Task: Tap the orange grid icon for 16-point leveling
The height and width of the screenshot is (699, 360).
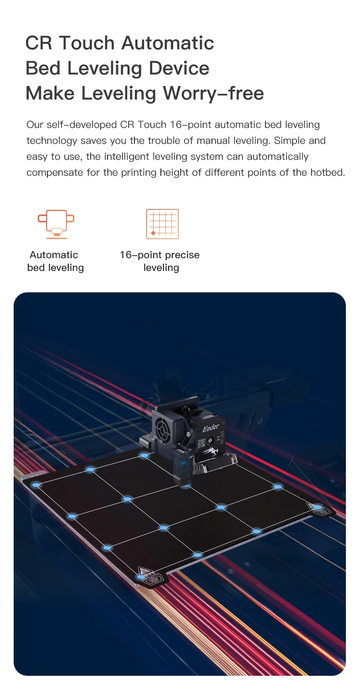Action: click(162, 224)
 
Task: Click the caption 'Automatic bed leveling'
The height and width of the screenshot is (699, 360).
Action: click(55, 261)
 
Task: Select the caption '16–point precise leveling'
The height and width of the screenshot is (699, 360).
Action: click(160, 261)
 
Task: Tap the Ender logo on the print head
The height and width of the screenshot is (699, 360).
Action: click(211, 429)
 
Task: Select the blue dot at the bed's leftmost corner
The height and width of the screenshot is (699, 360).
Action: click(36, 485)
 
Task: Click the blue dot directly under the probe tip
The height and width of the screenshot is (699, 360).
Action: click(185, 486)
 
